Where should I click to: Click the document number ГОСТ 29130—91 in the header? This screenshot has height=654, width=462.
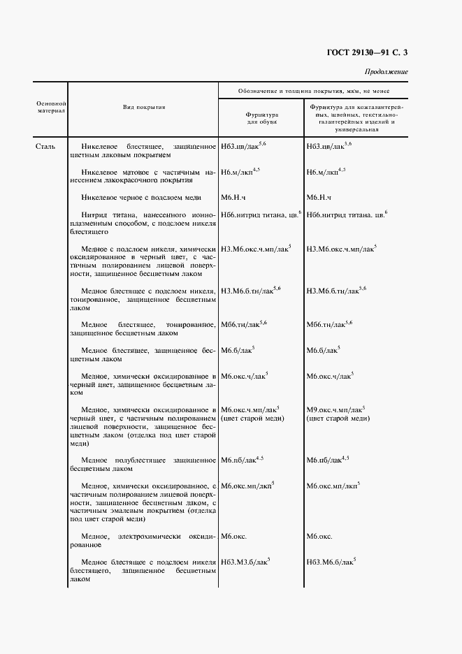click(x=359, y=53)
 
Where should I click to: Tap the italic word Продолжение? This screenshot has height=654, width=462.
click(x=386, y=72)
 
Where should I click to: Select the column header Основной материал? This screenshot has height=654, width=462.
click(x=50, y=107)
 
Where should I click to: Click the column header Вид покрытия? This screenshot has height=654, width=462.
click(x=144, y=107)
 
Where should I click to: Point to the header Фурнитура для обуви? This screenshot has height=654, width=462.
click(x=262, y=118)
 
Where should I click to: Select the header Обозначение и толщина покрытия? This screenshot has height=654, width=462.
click(x=313, y=91)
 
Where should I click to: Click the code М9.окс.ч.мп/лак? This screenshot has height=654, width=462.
click(x=334, y=409)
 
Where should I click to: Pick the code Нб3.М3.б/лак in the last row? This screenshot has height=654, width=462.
click(x=245, y=561)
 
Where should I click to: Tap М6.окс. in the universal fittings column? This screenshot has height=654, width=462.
click(x=319, y=537)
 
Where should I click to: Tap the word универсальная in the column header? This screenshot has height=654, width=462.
click(x=356, y=129)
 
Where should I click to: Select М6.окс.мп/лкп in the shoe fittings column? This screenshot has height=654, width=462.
click(x=247, y=486)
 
